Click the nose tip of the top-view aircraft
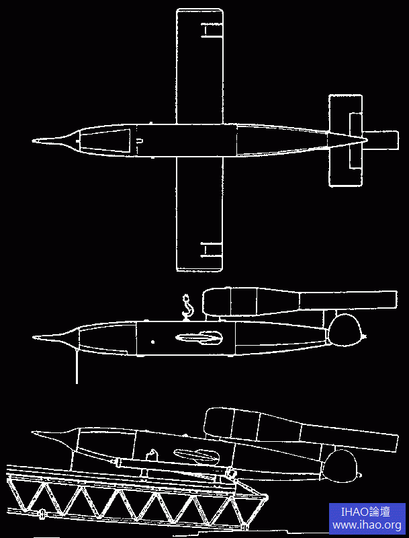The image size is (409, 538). tap(33, 141)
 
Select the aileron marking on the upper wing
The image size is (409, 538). tap(212, 30)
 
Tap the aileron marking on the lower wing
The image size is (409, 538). tap(211, 249)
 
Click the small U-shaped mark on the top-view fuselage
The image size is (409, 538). tap(140, 141)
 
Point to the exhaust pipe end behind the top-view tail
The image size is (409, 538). tap(398, 140)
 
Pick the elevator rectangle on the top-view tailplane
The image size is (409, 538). tap(355, 141)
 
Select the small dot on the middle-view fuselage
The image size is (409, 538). tap(152, 342)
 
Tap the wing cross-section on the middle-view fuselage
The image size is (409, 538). tap(199, 338)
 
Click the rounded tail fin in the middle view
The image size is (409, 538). tap(345, 330)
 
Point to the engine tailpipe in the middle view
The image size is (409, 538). tap(348, 300)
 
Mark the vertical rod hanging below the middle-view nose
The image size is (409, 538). tap(77, 366)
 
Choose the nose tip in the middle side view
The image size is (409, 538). tap(33, 338)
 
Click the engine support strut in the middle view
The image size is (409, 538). tap(330, 317)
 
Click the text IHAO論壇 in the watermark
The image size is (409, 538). tap(365, 512)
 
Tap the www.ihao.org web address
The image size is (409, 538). tap(367, 525)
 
